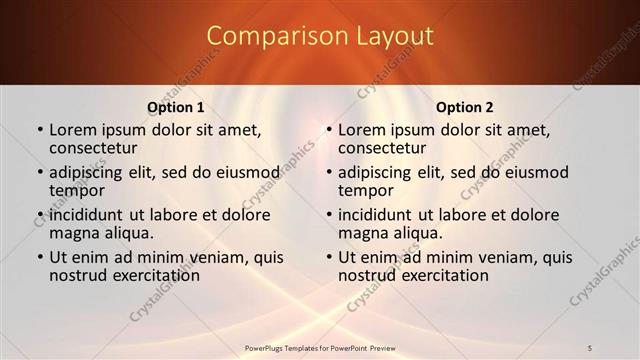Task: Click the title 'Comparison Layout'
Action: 320,36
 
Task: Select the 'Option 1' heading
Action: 175,107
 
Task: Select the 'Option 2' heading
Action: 464,107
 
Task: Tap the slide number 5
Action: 590,347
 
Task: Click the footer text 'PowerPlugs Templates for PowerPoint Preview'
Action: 320,347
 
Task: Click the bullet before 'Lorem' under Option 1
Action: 39,129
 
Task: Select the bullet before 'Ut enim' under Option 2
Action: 328,257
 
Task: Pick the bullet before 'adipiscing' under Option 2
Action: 328,172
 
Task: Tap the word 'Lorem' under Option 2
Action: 361,128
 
